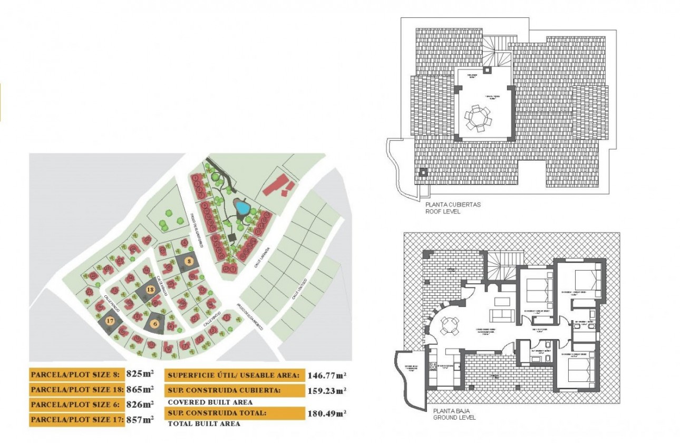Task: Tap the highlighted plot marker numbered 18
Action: click(x=150, y=290)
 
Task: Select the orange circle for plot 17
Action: click(x=110, y=320)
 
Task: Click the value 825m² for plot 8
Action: click(x=140, y=374)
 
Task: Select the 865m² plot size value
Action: click(x=140, y=389)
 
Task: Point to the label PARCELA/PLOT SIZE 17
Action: click(x=77, y=420)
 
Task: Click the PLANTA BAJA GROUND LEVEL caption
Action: click(x=454, y=414)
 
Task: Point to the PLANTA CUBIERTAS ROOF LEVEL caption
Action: click(x=446, y=208)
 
